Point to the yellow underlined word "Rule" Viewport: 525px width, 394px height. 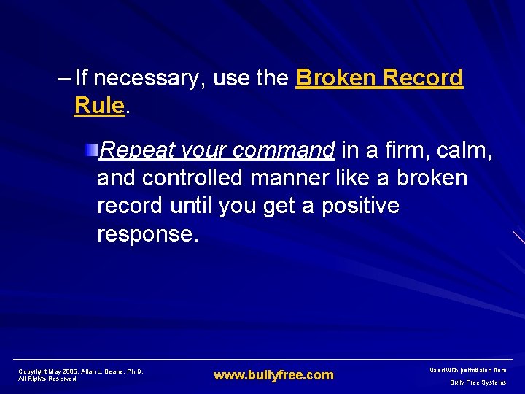coord(99,106)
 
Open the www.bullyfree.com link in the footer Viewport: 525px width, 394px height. coord(273,375)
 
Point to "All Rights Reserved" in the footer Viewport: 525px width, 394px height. coord(47,379)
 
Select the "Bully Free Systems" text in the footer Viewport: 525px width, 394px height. coord(478,382)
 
